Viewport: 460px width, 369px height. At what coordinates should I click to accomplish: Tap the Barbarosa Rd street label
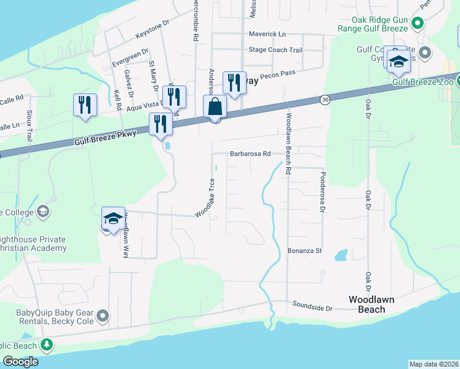[x=251, y=154]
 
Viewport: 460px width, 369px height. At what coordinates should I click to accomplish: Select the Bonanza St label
[x=305, y=251]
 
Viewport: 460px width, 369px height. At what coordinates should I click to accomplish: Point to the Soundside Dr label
[x=312, y=304]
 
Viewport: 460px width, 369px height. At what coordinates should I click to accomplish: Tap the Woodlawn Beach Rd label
[x=288, y=141]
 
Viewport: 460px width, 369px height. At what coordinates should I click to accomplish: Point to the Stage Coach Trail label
[x=276, y=50]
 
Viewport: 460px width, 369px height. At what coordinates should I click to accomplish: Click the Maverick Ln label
[x=268, y=34]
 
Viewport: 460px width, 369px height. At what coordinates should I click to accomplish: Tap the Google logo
[x=21, y=361]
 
